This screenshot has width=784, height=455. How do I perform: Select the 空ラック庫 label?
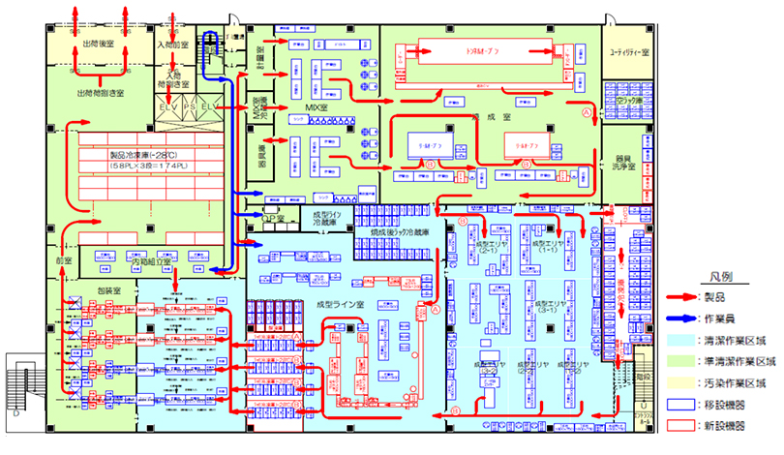tap(625, 101)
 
